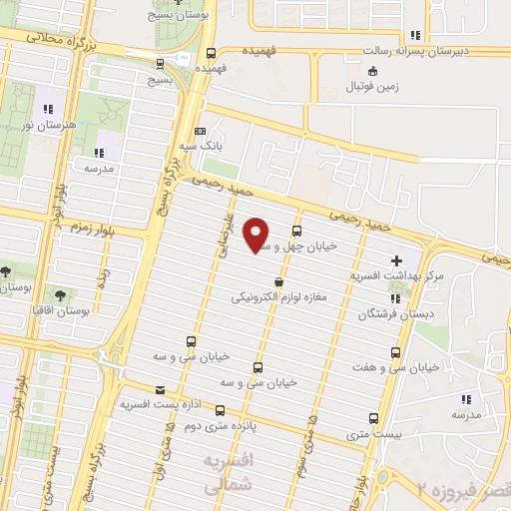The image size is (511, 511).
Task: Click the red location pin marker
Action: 256,236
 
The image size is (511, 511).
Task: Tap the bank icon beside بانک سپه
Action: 199,132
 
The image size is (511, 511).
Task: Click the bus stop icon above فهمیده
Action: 210,54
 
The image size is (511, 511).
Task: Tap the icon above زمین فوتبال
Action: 373,70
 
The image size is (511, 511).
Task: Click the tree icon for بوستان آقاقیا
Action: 60,295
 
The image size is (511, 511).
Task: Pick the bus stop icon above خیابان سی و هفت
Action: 397,353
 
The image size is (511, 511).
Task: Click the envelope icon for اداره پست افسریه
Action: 160,390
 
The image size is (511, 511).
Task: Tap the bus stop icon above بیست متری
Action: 373,418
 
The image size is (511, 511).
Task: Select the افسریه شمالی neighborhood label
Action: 228,473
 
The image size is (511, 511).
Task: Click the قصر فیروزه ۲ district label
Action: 463,491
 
